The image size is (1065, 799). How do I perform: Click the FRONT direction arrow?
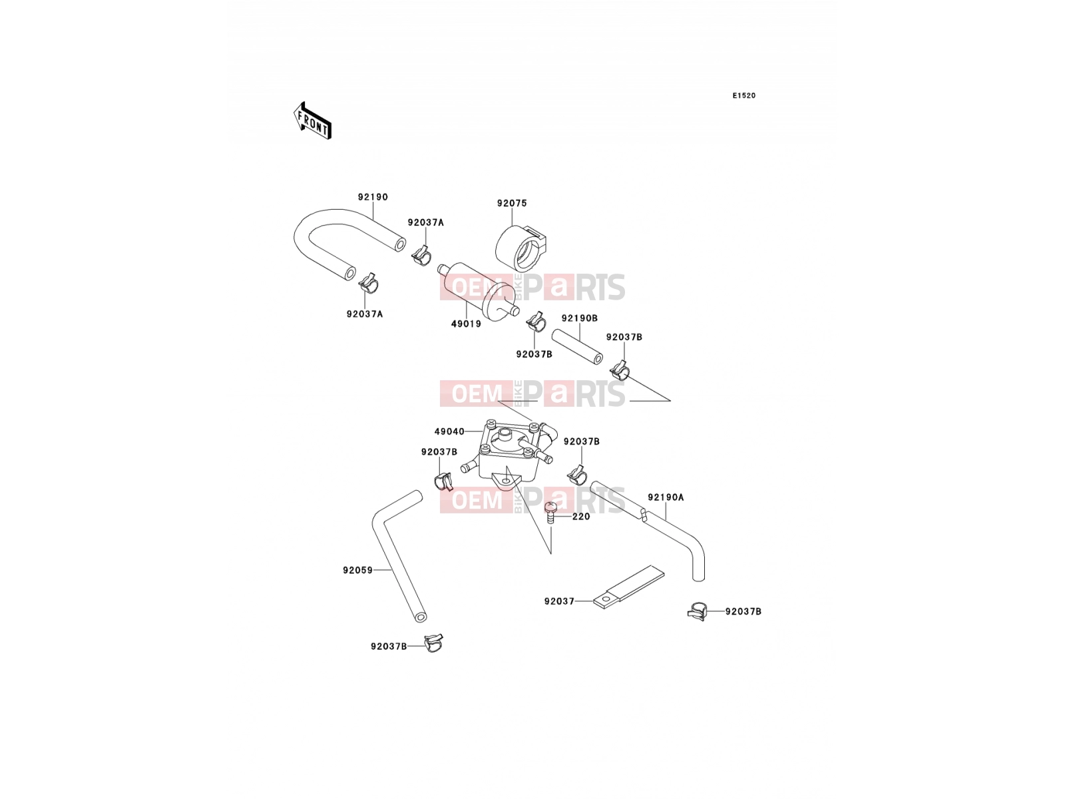click(312, 121)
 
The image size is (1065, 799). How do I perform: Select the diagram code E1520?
click(744, 96)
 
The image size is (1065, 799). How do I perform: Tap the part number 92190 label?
click(373, 197)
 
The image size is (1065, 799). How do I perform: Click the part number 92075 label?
click(512, 203)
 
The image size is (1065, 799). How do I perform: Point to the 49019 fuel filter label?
click(467, 324)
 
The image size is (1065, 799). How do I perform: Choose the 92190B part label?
click(580, 318)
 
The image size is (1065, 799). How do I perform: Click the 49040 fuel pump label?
click(449, 431)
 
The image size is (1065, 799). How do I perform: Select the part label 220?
click(581, 517)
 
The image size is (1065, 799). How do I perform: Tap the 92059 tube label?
click(358, 570)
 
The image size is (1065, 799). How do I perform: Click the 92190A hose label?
click(666, 497)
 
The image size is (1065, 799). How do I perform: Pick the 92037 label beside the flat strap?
click(559, 601)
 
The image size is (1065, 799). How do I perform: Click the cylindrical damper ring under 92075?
click(520, 249)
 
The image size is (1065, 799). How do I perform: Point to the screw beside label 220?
click(550, 513)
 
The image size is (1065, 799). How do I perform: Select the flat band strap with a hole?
click(629, 587)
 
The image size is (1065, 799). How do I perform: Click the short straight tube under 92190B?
click(577, 346)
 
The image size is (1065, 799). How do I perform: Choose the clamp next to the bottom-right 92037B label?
click(698, 611)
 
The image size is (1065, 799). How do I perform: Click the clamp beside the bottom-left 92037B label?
click(433, 643)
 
